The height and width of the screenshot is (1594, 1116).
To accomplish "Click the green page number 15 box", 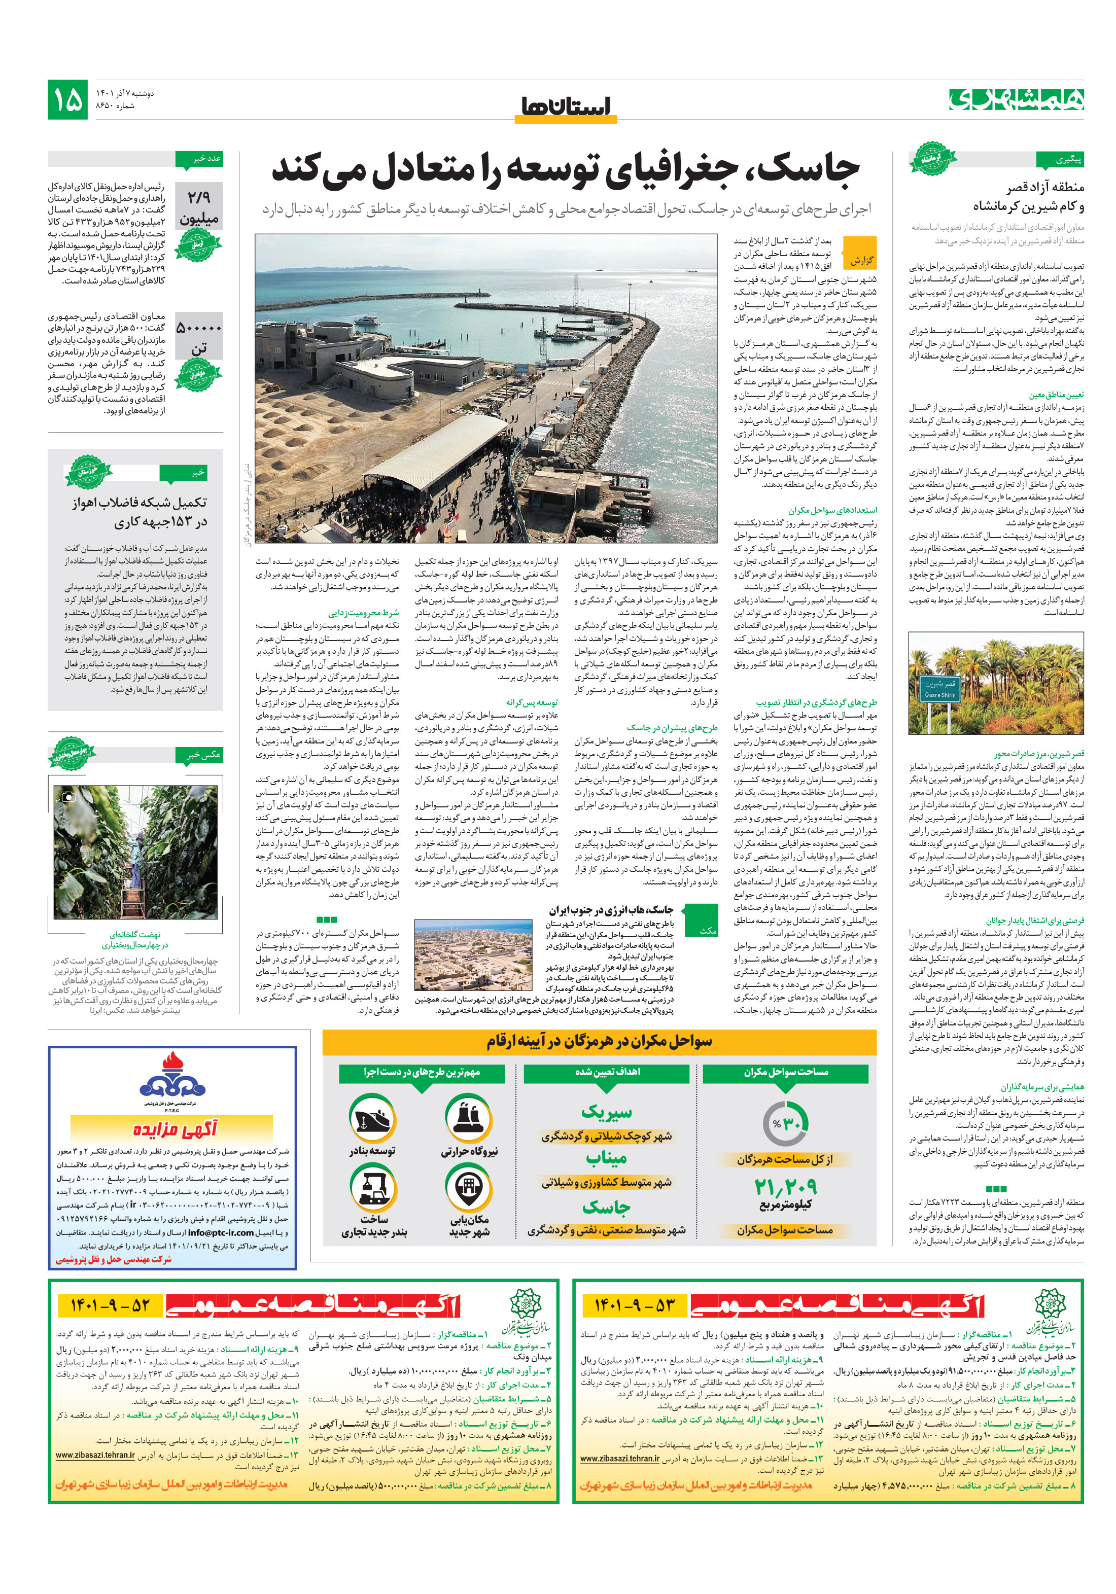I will point(67,99).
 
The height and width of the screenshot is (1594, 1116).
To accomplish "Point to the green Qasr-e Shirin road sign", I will point(939,688).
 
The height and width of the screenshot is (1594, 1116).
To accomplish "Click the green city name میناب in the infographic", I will point(606,1158).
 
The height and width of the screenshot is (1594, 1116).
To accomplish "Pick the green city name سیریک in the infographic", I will point(606,1112).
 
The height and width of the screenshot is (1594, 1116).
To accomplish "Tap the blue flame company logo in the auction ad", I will point(172,1077).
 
